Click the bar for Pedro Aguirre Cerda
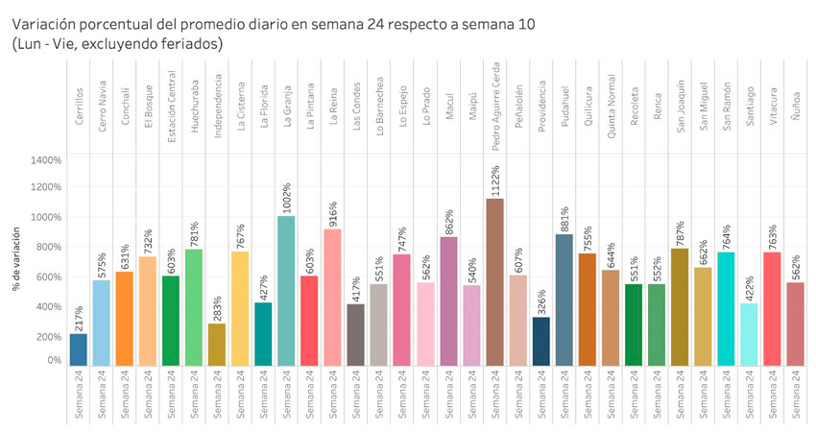tap(495, 282)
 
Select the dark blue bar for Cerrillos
tap(79, 349)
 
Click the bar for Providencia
tap(541, 342)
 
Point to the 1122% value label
tap(495, 181)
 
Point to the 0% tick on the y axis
tap(54, 361)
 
